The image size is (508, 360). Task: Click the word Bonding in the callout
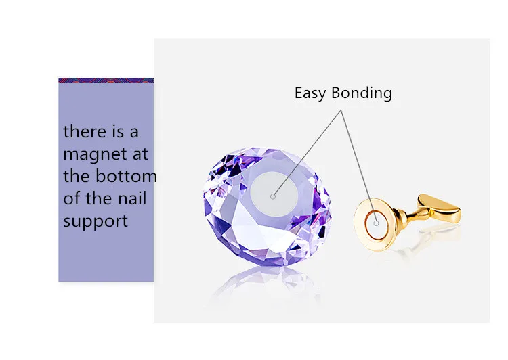point(362,93)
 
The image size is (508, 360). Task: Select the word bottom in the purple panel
point(127,176)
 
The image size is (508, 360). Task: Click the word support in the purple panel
point(96,222)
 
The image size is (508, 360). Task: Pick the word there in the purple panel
point(85,131)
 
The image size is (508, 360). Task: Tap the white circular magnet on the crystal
point(274,193)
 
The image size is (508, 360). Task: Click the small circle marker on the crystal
point(273,196)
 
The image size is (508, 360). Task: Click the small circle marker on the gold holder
point(376,223)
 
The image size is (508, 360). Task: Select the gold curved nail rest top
point(440,208)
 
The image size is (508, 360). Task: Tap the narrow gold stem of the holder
point(409,216)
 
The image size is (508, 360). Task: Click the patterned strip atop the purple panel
point(106,81)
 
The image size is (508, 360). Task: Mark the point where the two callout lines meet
point(341,110)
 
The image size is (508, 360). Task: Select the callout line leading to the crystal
point(307,153)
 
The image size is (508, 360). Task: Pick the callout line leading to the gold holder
point(358,166)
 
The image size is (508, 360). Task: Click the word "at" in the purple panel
point(140,155)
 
